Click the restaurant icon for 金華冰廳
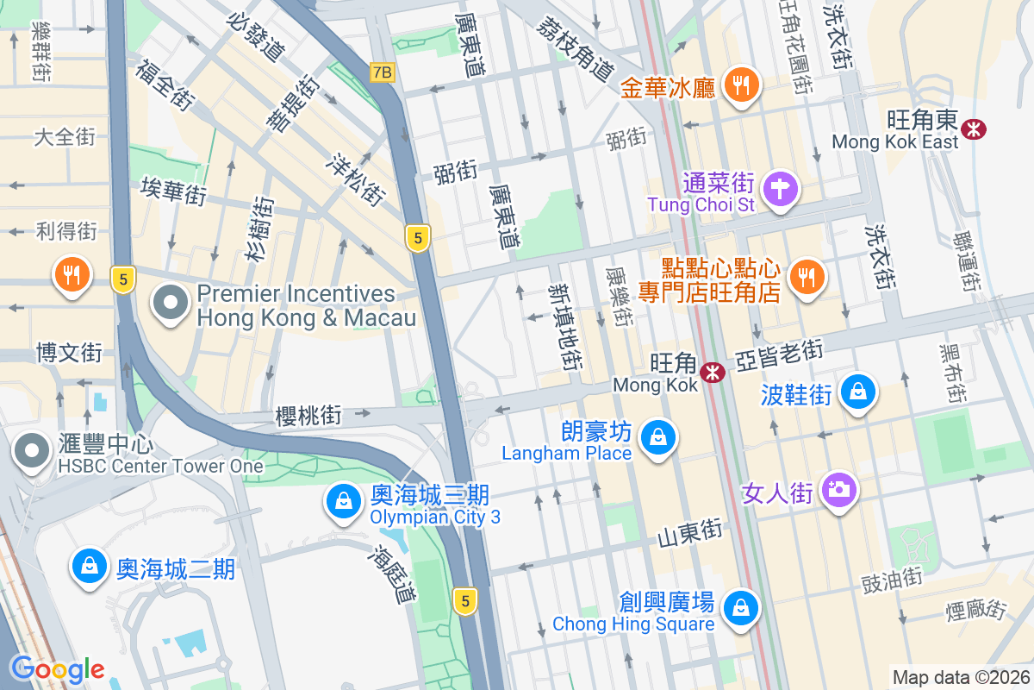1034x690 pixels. pyautogui.click(x=739, y=85)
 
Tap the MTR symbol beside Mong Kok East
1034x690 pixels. pyautogui.click(x=975, y=129)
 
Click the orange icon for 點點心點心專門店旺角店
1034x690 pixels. pyautogui.click(x=807, y=276)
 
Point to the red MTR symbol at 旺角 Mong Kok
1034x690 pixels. pyautogui.click(x=712, y=373)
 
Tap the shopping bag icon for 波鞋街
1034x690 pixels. pyautogui.click(x=858, y=392)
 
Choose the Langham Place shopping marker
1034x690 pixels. pyautogui.click(x=658, y=436)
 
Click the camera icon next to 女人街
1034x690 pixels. pyautogui.click(x=837, y=490)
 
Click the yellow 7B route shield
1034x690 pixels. pyautogui.click(x=382, y=72)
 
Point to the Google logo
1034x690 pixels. pyautogui.click(x=57, y=668)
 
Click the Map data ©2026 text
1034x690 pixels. pyautogui.click(x=960, y=677)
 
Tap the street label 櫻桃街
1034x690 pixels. pyautogui.click(x=308, y=416)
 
